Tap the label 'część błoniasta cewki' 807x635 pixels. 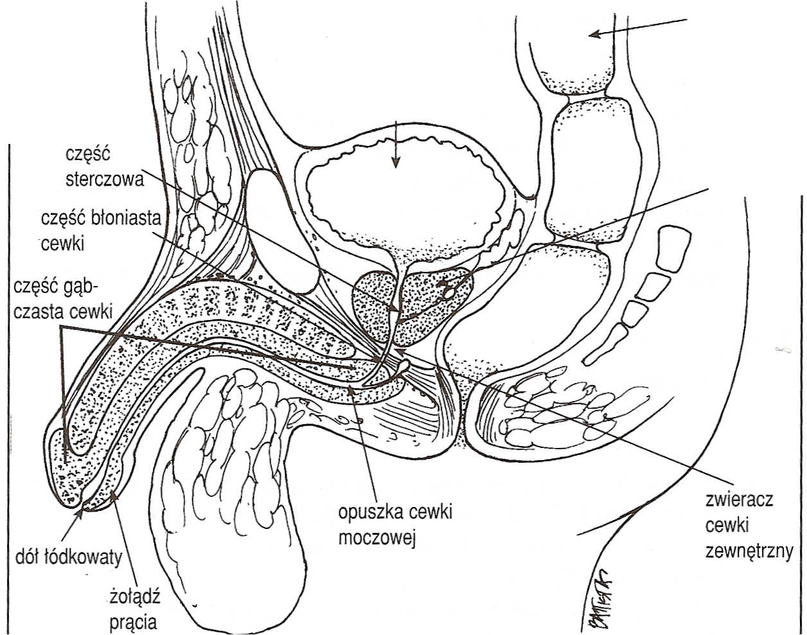point(99,231)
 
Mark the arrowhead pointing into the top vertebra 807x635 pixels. point(595,33)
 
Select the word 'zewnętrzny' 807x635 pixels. point(749,551)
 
